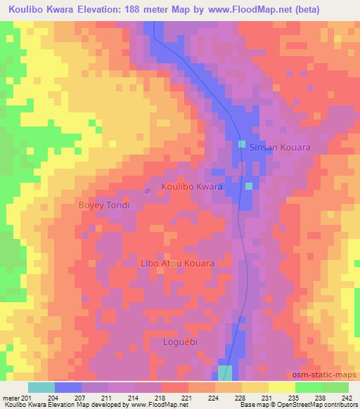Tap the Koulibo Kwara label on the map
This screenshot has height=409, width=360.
192,188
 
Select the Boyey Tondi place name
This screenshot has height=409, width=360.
104,205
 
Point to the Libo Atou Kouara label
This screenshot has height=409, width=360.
178,262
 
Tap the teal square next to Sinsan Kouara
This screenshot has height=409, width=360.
242,144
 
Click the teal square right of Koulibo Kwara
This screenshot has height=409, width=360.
248,186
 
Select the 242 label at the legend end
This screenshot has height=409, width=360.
346,398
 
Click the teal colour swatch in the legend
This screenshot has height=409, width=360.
41,387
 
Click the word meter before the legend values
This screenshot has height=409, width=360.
11,398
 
